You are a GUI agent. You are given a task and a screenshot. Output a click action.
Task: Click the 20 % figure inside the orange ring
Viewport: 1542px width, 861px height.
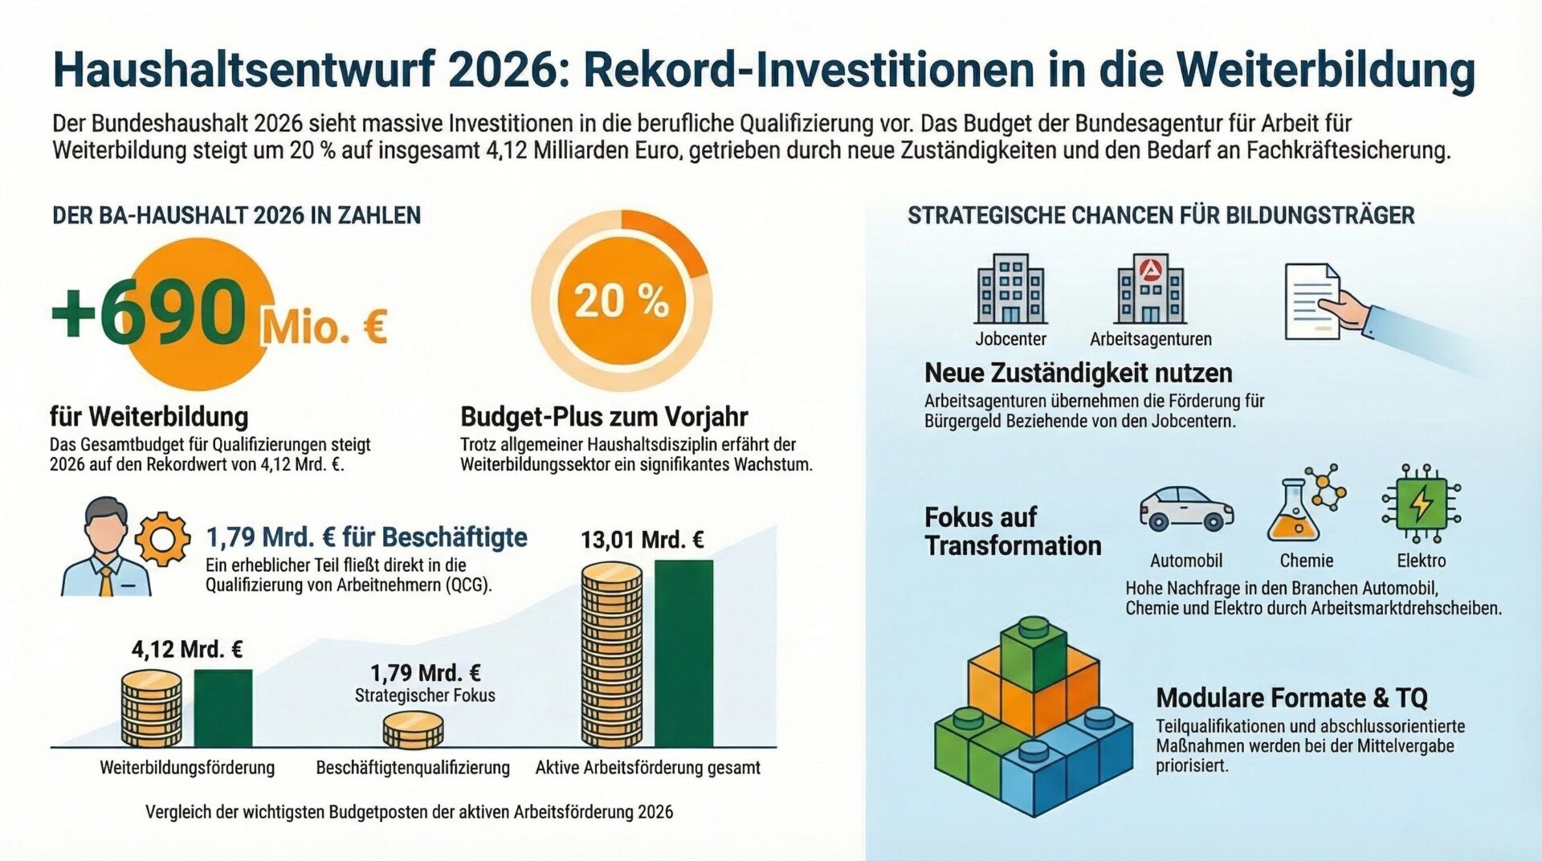[x=621, y=301]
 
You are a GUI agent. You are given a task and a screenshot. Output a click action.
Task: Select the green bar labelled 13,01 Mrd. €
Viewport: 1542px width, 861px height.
[x=683, y=653]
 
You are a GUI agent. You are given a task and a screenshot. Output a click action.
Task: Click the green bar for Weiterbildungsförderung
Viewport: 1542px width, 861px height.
[x=222, y=708]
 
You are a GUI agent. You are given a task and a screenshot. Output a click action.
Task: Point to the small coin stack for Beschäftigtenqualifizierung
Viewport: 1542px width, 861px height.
[x=413, y=729]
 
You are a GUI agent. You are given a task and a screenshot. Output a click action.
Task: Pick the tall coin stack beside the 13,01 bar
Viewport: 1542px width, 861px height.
[x=612, y=655]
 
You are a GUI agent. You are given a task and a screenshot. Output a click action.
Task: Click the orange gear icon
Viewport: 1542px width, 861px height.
[x=162, y=539]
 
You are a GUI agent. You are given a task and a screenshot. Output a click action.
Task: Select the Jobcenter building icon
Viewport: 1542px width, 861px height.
[x=1010, y=289]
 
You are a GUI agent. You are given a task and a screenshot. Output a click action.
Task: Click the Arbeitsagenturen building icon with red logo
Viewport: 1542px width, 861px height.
[x=1150, y=289]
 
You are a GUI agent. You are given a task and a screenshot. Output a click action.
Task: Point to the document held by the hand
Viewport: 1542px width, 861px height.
[x=1312, y=301]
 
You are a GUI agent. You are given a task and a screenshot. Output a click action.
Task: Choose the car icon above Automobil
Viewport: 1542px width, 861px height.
[x=1186, y=508]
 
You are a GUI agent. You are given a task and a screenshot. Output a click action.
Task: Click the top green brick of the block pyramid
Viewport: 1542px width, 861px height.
[x=1033, y=651]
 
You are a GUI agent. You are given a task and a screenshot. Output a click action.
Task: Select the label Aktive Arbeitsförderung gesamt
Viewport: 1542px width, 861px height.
[x=647, y=768]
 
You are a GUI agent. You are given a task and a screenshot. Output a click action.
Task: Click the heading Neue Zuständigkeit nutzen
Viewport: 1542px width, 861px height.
[x=1078, y=373]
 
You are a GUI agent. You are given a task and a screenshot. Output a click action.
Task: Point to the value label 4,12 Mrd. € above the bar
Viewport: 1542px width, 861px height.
[x=187, y=649]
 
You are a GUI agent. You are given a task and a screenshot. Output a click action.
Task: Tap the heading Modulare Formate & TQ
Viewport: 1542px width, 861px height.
[x=1291, y=697]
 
